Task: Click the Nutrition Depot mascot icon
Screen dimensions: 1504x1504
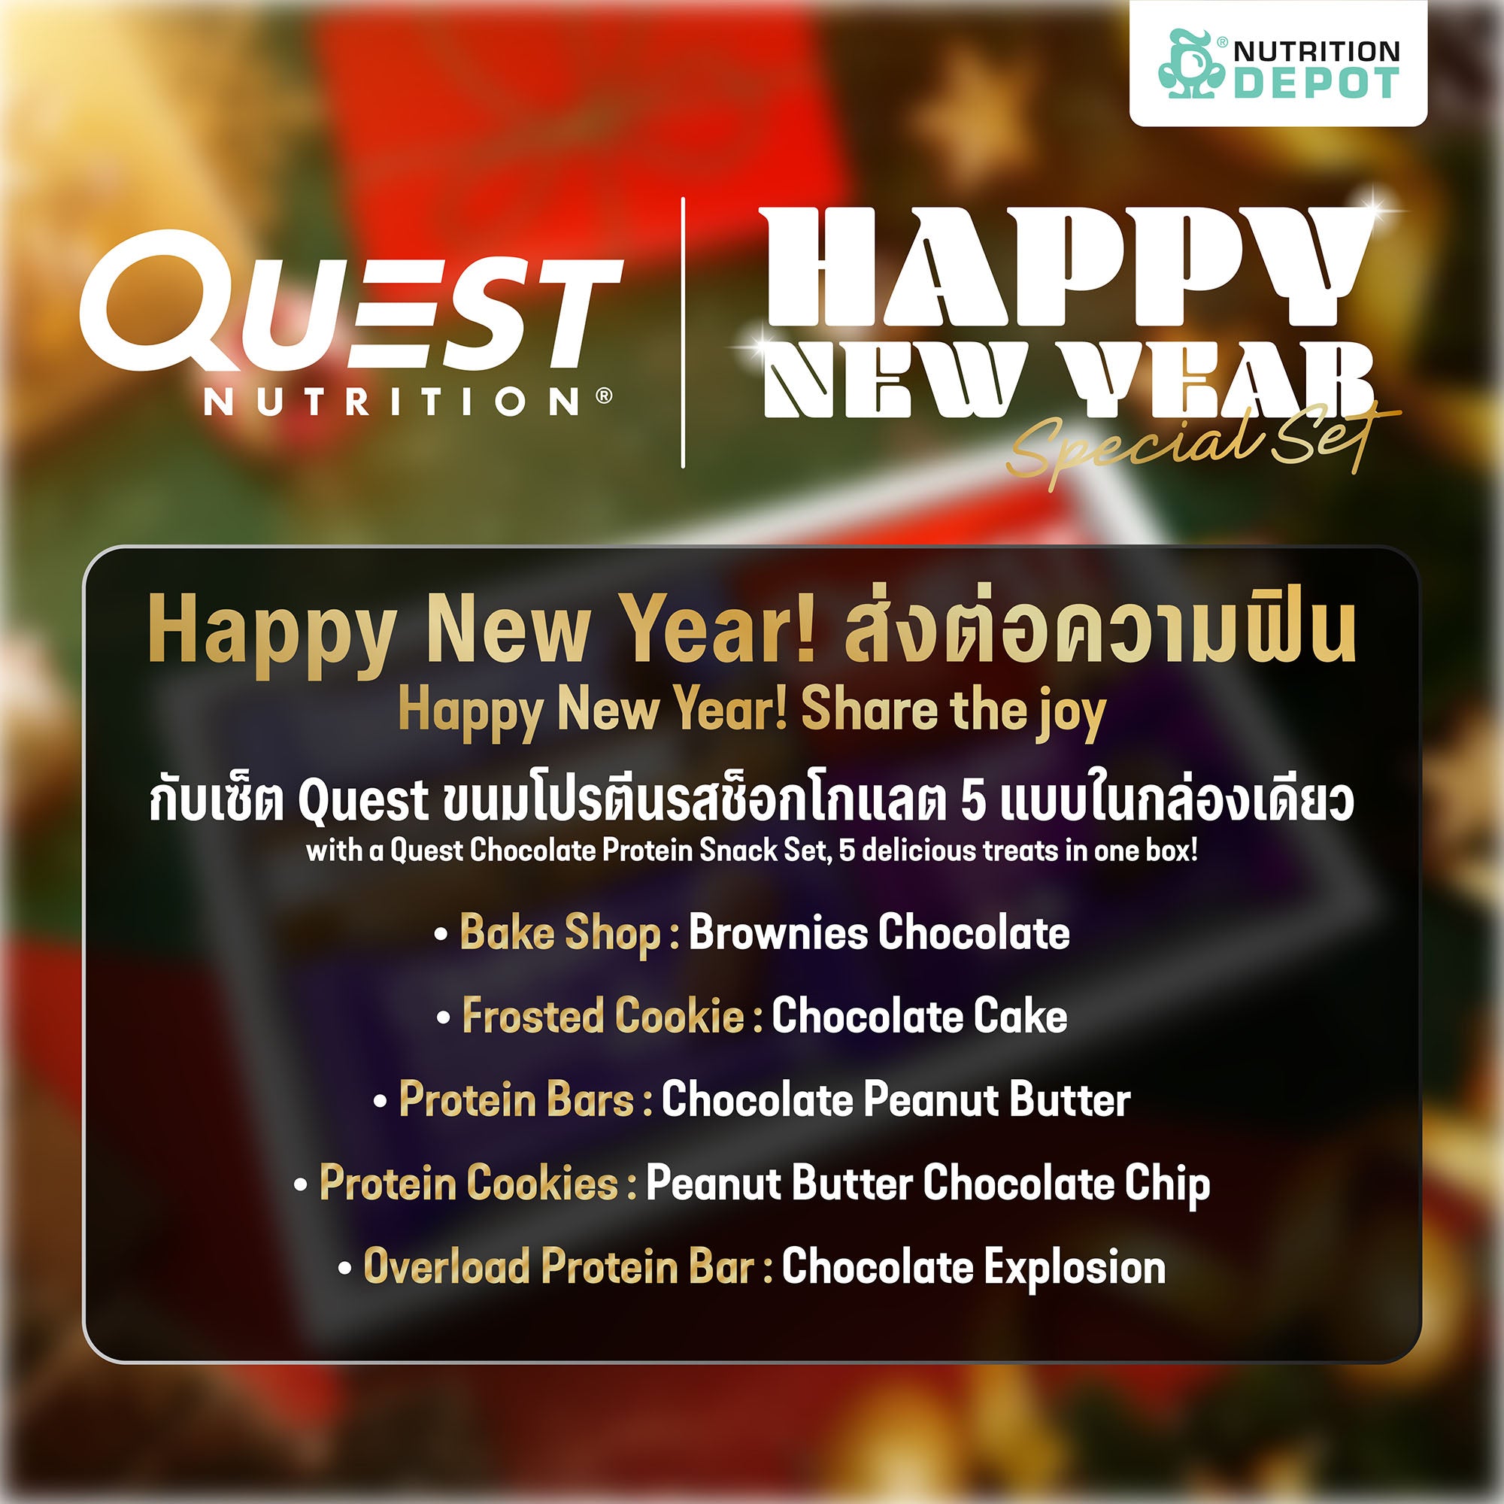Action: (x=1190, y=64)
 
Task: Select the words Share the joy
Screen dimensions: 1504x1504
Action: (x=954, y=711)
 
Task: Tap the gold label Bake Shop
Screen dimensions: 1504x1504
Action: (x=559, y=932)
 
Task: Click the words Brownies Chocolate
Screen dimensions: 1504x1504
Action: (x=879, y=932)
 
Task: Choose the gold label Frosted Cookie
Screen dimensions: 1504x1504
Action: (x=603, y=1015)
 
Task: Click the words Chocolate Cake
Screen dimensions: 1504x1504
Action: (x=920, y=1015)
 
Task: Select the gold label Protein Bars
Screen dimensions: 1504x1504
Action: (x=516, y=1099)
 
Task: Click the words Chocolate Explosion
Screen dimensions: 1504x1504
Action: (x=974, y=1266)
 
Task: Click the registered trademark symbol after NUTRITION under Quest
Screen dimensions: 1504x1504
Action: (x=603, y=396)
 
